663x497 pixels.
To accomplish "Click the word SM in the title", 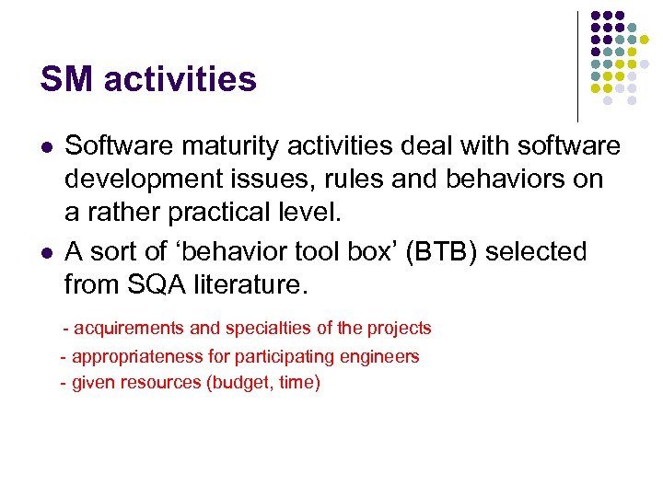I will [x=66, y=79].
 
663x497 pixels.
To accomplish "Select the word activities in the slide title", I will [x=180, y=79].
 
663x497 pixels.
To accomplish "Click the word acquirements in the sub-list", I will [x=124, y=329].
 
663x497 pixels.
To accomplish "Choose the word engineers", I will [x=382, y=356].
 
